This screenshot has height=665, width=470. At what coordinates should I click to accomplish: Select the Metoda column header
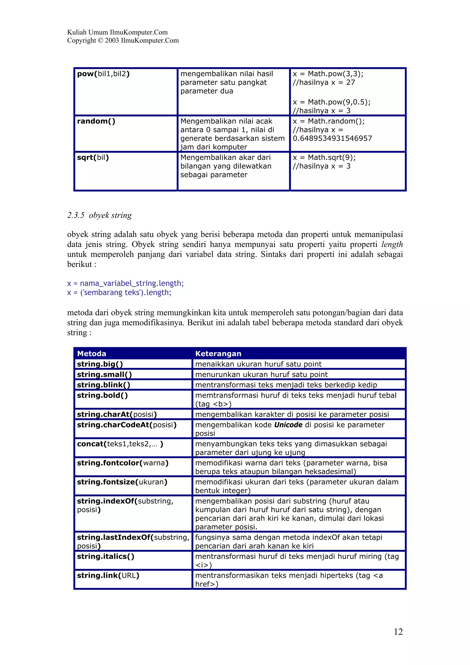[92, 353]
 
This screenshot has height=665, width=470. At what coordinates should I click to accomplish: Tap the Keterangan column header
[218, 353]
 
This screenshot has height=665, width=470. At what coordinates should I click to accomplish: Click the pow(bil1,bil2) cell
[103, 74]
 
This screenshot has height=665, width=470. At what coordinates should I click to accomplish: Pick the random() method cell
[96, 121]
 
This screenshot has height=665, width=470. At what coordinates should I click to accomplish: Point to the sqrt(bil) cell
[93, 158]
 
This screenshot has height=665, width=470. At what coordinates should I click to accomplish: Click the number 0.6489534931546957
[332, 138]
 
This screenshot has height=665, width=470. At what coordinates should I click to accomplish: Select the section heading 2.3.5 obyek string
[99, 215]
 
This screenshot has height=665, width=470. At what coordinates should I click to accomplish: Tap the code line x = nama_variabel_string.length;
[125, 283]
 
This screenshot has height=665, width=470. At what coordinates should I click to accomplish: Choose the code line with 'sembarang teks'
[119, 293]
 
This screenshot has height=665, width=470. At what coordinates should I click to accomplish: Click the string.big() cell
[100, 364]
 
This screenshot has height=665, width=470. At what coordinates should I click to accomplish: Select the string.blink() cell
[103, 385]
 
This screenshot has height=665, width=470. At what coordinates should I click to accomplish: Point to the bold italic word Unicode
[288, 425]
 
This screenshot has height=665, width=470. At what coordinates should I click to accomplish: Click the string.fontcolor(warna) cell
[123, 463]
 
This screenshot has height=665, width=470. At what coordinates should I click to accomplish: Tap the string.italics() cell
[105, 556]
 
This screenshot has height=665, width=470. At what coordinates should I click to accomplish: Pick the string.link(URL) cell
[108, 576]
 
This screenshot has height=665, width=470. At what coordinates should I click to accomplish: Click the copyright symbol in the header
[100, 41]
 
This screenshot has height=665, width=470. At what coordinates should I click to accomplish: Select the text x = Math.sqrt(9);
[324, 158]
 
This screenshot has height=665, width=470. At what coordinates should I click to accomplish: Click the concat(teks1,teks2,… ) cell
[120, 444]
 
